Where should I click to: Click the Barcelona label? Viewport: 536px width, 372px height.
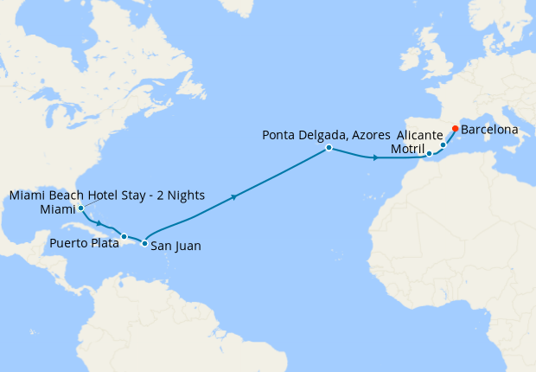click(490, 130)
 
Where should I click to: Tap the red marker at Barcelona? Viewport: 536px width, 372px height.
click(455, 129)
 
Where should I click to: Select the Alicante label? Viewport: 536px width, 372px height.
click(420, 136)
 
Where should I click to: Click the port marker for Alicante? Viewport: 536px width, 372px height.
click(443, 145)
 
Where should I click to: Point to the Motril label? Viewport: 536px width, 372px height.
click(408, 150)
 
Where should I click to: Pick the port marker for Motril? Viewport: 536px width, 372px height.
click(429, 154)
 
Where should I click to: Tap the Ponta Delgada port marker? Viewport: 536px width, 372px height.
click(329, 148)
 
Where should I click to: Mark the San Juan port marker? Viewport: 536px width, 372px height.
click(144, 243)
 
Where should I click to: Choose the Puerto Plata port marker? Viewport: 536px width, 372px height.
click(124, 236)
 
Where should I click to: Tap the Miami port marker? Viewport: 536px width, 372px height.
click(80, 208)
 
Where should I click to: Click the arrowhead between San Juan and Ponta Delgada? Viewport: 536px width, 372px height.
click(233, 198)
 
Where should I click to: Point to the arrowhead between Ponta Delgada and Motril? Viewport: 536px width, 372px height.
click(375, 158)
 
